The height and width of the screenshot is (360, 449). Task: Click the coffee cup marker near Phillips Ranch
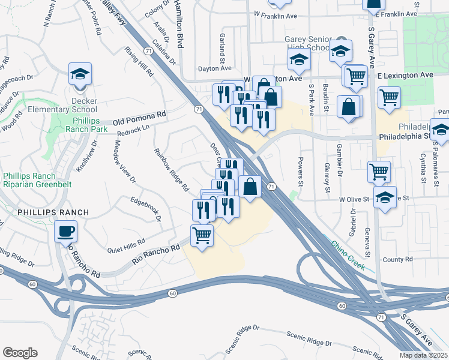click(65, 231)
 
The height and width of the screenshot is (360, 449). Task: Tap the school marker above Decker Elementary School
click(80, 74)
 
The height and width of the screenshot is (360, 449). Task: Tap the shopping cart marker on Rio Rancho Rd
click(202, 235)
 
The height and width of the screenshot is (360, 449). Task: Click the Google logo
click(20, 353)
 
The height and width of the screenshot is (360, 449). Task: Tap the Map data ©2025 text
click(423, 355)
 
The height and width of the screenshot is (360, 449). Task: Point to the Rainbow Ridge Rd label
click(171, 170)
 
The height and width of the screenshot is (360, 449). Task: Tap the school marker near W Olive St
click(384, 197)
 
